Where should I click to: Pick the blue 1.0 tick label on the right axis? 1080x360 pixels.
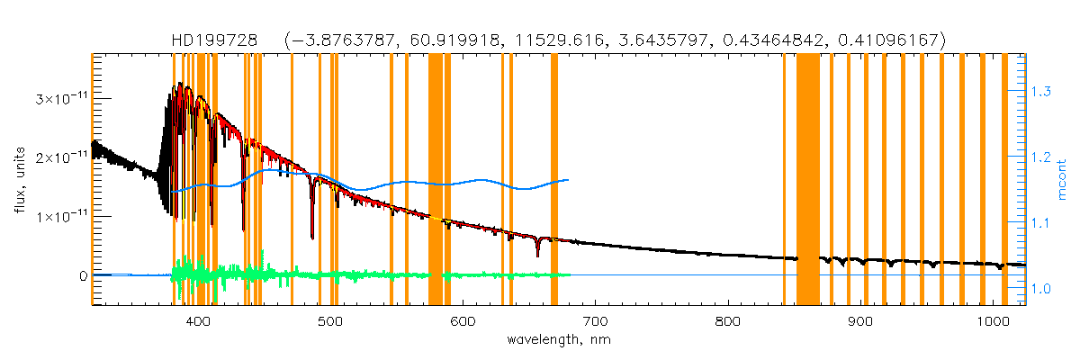coord(1044,289)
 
